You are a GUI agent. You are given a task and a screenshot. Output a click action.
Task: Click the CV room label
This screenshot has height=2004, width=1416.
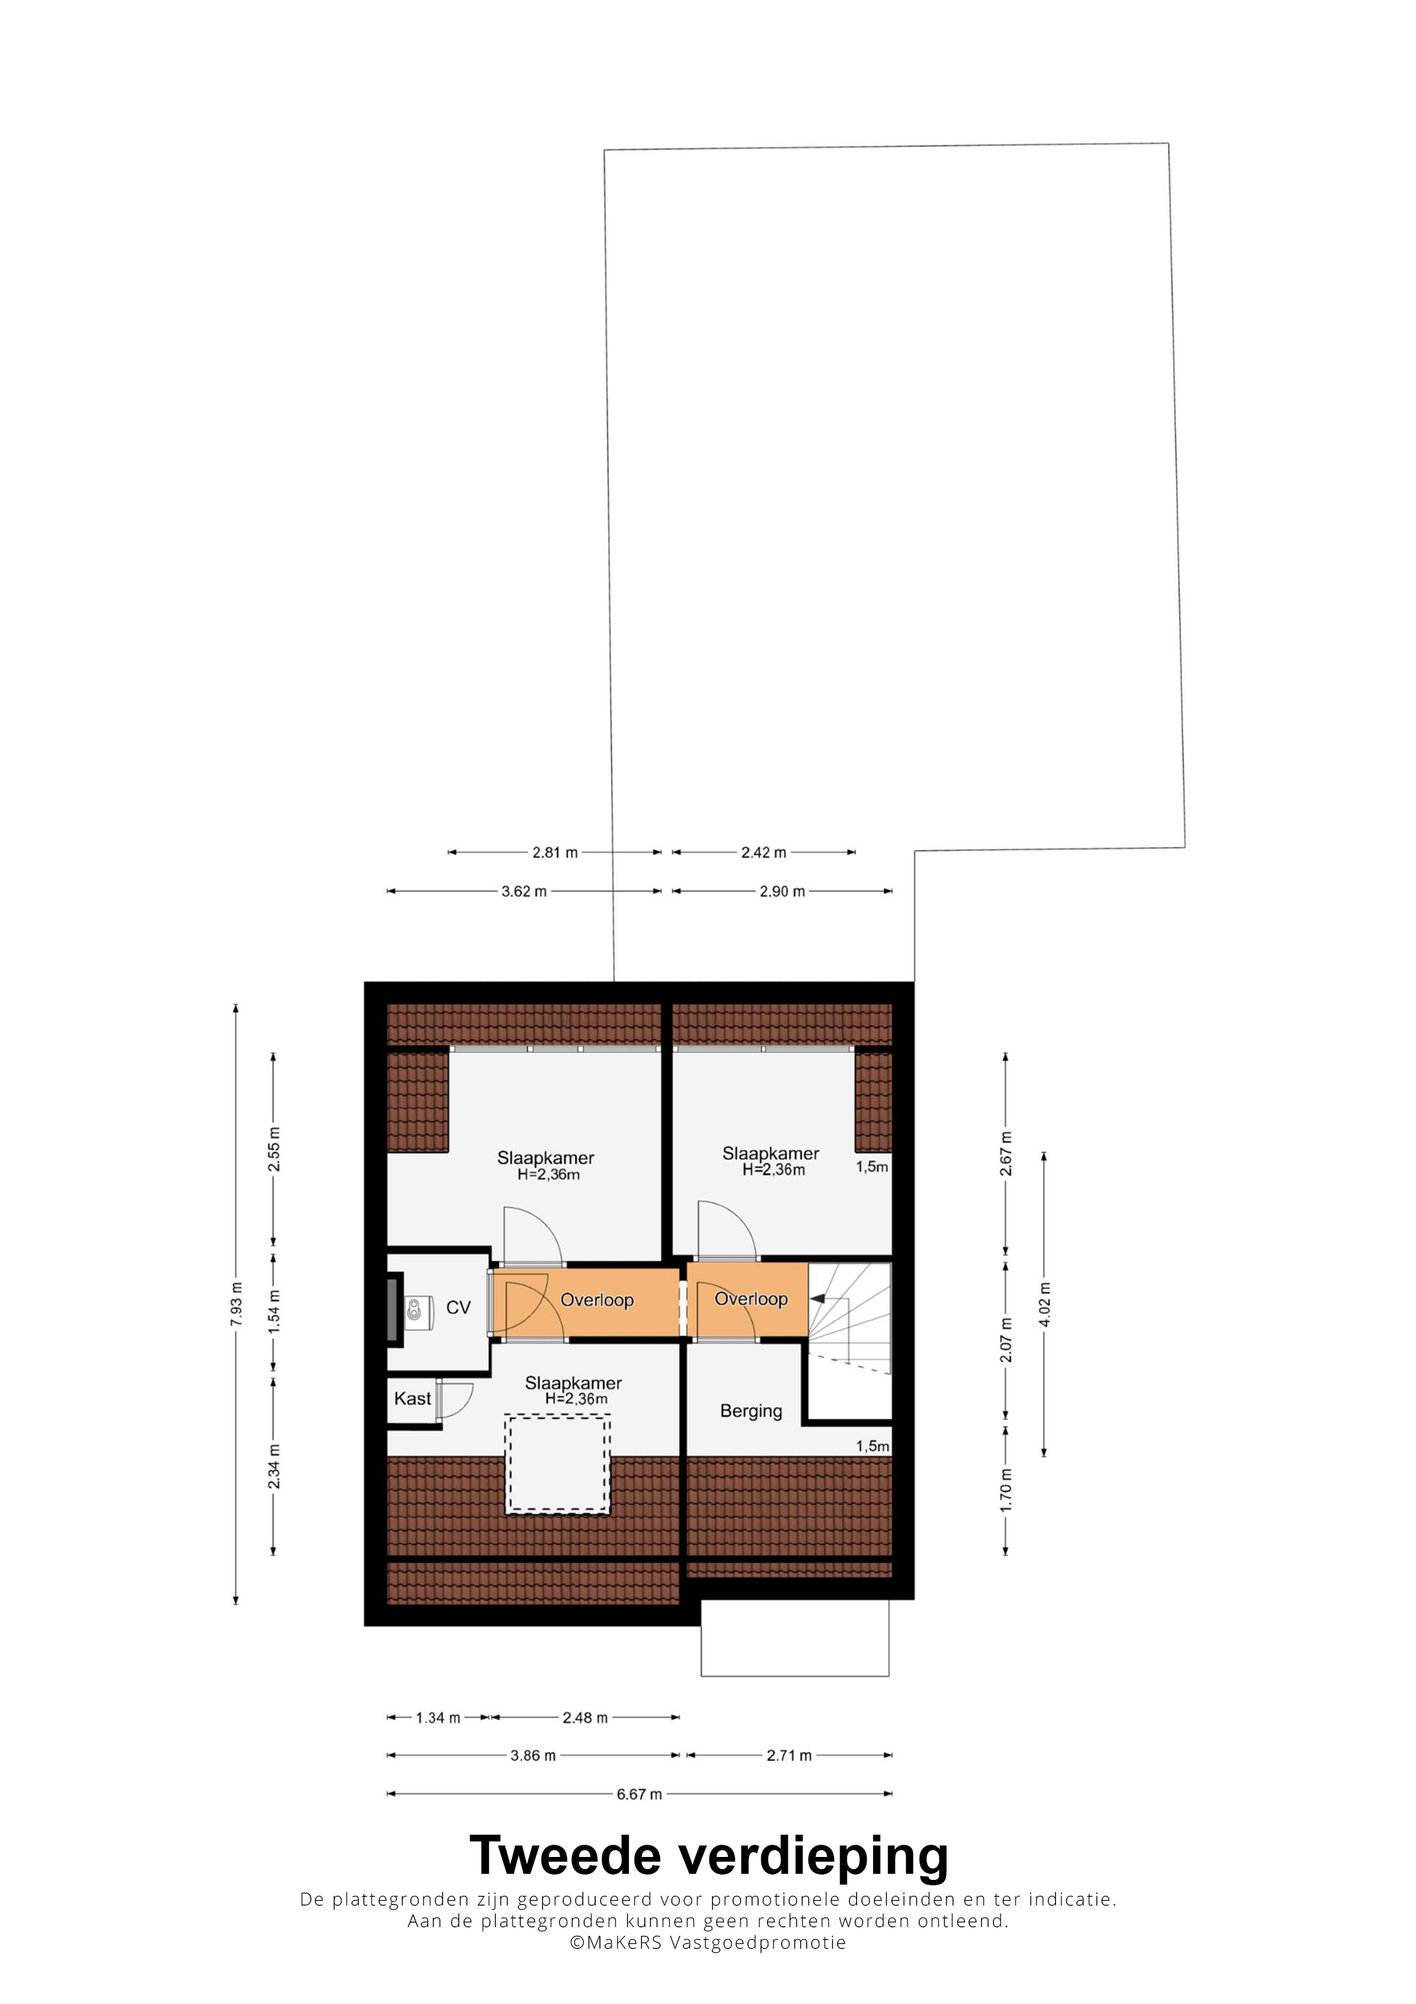458,1307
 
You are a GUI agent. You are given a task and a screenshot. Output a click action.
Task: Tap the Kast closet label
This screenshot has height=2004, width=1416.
413,1399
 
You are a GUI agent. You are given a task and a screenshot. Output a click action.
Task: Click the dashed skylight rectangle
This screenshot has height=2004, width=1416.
558,1464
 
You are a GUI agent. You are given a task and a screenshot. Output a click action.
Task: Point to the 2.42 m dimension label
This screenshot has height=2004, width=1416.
764,852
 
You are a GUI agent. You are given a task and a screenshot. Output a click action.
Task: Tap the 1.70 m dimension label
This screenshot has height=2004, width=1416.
1006,1490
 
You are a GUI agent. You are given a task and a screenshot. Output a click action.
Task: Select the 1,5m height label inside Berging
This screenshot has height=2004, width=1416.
873,1446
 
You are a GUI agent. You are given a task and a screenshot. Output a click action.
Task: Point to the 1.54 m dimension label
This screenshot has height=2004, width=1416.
274,1311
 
